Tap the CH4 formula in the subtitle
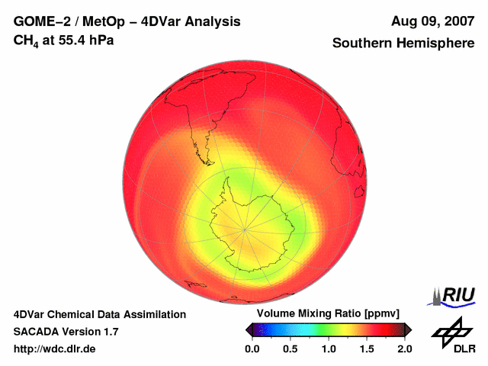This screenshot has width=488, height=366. [26, 40]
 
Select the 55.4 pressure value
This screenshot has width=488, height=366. [68, 40]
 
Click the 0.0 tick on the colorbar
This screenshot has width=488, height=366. [252, 348]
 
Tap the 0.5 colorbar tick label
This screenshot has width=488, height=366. [291, 348]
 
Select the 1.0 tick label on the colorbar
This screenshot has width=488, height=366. [329, 348]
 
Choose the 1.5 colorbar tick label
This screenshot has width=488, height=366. [367, 348]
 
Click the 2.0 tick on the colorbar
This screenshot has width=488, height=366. [404, 348]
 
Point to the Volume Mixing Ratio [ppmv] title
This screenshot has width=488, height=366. [328, 314]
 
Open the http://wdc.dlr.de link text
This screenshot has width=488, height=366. [55, 348]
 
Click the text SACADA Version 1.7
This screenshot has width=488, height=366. [66, 332]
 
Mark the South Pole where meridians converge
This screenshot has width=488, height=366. [245, 227]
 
